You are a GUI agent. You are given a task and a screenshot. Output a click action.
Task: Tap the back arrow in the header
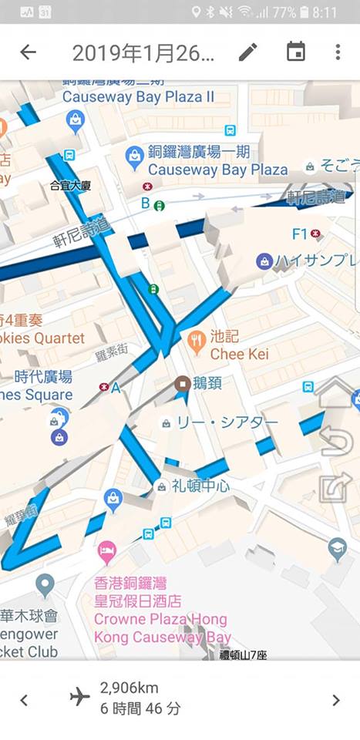(x=28, y=52)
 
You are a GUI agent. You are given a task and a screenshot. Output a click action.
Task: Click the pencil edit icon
(x=247, y=52)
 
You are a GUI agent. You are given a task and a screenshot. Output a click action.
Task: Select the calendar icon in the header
(x=295, y=52)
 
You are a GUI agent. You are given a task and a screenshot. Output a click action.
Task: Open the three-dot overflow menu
(x=338, y=52)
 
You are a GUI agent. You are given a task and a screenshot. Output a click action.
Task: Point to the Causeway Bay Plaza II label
(x=138, y=97)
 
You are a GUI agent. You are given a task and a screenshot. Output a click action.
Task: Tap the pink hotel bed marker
(x=107, y=552)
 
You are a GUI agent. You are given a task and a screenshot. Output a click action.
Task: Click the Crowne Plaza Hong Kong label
(x=162, y=620)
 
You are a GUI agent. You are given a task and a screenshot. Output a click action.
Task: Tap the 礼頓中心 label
(x=200, y=486)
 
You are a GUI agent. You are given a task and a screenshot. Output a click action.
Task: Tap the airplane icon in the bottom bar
(x=80, y=697)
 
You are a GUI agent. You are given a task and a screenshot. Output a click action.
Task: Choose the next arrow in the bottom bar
(x=335, y=700)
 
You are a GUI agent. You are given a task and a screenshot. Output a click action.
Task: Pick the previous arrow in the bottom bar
(x=24, y=700)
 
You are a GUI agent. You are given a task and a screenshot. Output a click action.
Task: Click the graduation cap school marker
(x=337, y=548)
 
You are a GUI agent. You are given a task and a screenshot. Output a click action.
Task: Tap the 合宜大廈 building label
(x=70, y=185)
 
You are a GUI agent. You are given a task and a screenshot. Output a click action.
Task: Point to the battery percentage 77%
(x=284, y=12)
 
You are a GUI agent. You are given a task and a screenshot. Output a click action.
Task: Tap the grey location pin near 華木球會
(x=45, y=586)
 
